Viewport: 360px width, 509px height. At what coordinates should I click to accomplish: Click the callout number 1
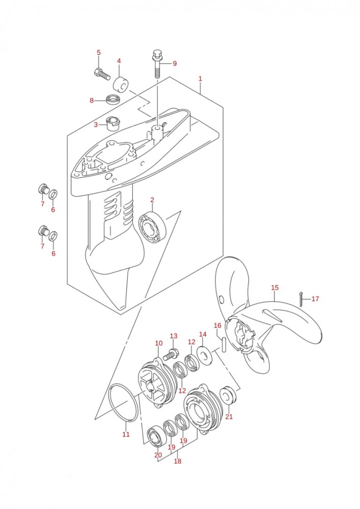pos(200,78)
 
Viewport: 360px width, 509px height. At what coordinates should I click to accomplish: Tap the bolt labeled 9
pos(157,63)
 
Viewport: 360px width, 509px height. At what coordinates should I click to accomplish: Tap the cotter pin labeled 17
pos(301,299)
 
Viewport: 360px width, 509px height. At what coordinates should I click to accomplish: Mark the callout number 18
pos(178,461)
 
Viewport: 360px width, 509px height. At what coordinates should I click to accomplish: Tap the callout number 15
pos(274,288)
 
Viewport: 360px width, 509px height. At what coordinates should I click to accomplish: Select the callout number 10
pos(158,343)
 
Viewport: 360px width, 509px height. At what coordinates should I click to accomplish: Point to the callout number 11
pos(126,434)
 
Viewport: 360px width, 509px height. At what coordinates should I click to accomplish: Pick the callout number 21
pos(229,416)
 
